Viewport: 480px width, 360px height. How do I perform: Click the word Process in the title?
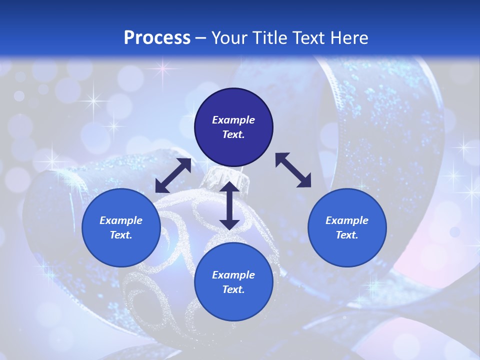tap(157, 38)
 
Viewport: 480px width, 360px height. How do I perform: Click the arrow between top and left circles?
tap(173, 175)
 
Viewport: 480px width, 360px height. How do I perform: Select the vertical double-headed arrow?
tap(229, 205)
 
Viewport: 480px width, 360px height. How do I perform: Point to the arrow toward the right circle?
tap(293, 170)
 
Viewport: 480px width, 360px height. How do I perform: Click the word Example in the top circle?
tap(233, 120)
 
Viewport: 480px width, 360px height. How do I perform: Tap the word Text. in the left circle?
tap(121, 235)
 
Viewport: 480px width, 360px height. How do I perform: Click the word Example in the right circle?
tap(347, 220)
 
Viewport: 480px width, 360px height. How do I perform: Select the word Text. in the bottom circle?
tap(233, 289)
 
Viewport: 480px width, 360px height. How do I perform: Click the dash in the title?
tap(200, 38)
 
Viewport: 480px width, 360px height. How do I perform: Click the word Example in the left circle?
tap(121, 220)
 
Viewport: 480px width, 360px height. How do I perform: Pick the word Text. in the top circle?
tap(233, 134)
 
